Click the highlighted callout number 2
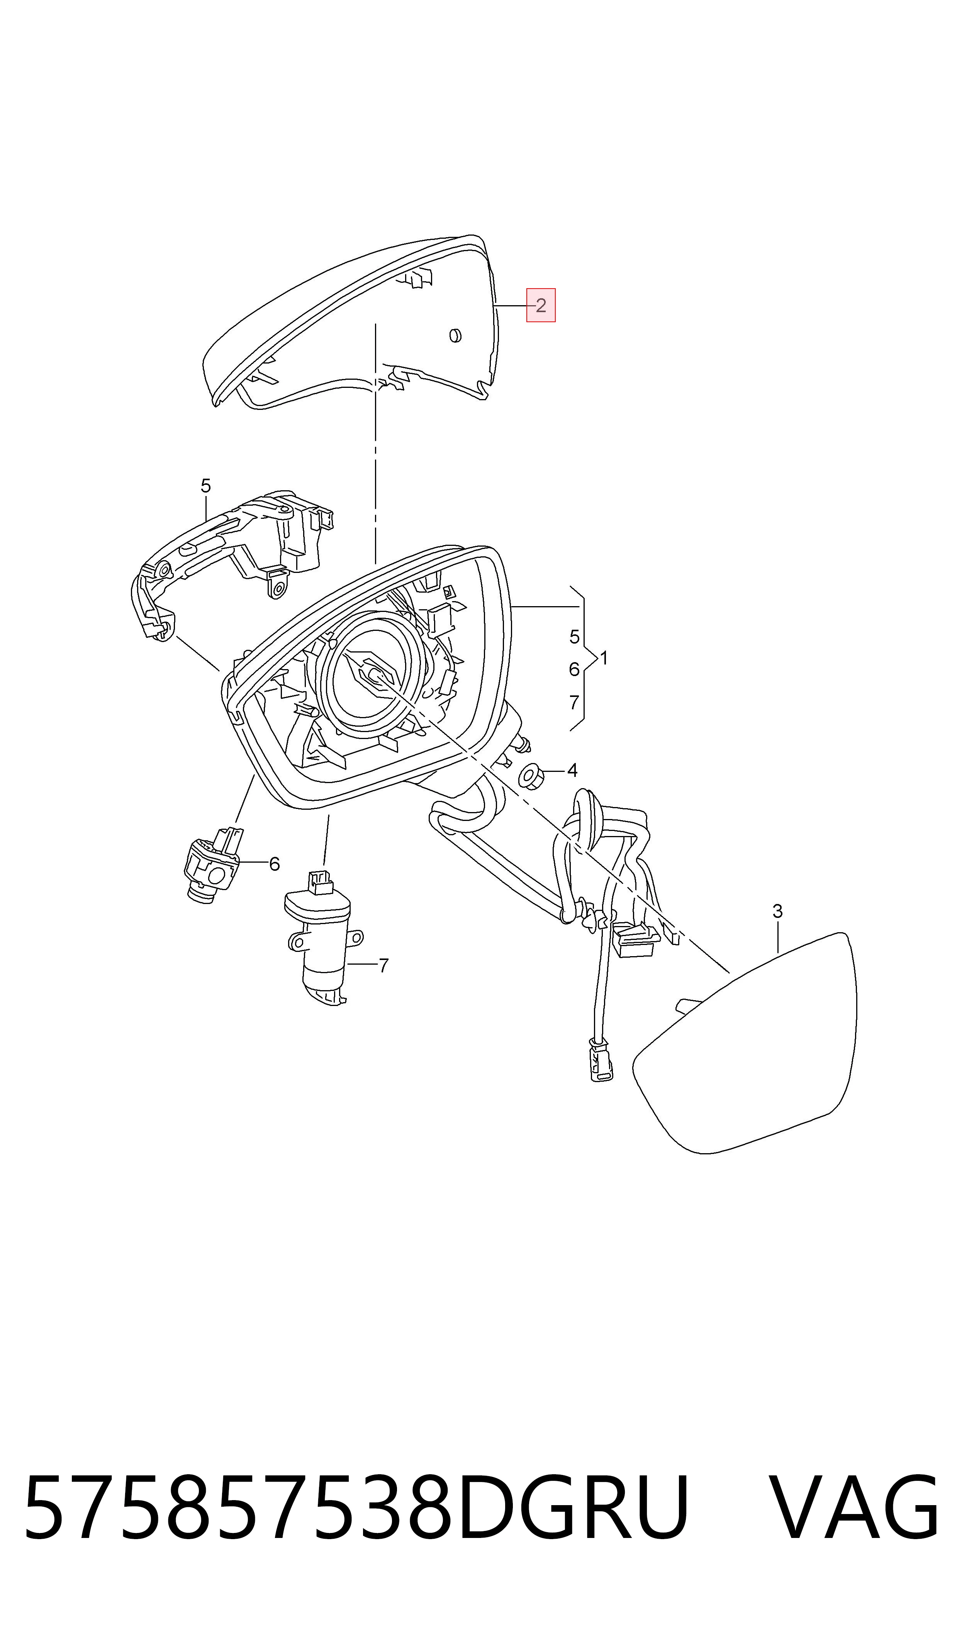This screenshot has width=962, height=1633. pyautogui.click(x=541, y=305)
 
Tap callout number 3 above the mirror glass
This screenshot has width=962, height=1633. pyautogui.click(x=778, y=911)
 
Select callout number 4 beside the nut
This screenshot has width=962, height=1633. pyautogui.click(x=572, y=771)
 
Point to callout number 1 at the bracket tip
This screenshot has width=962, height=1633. pyautogui.click(x=604, y=659)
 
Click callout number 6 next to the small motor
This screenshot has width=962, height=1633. pyautogui.click(x=274, y=864)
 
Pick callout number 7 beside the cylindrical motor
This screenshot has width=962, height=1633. pyautogui.click(x=384, y=966)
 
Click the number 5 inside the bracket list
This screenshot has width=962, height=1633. pyautogui.click(x=574, y=637)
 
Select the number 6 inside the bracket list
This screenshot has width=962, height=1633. pyautogui.click(x=574, y=670)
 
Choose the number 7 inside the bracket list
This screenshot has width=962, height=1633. pyautogui.click(x=574, y=703)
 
